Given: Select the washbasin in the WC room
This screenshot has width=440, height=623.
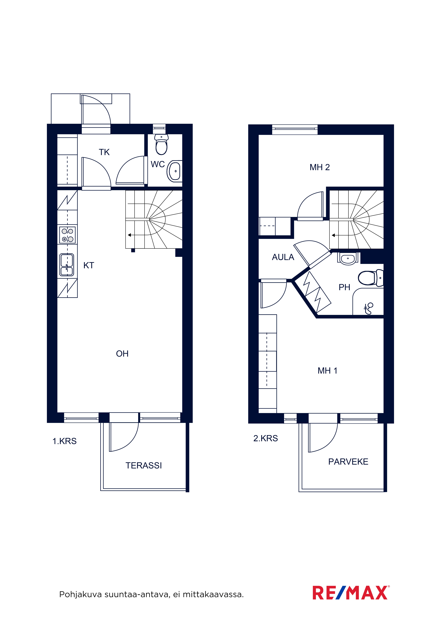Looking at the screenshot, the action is click(175, 171).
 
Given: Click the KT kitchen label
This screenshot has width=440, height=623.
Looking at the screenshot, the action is click(89, 265).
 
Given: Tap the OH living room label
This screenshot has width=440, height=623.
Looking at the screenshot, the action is click(122, 354).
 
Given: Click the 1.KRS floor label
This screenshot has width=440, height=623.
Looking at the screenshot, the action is click(65, 441).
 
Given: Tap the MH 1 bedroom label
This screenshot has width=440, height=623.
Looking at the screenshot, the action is click(328, 371).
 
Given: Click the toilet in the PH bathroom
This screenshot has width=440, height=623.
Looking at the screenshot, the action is click(371, 278).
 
